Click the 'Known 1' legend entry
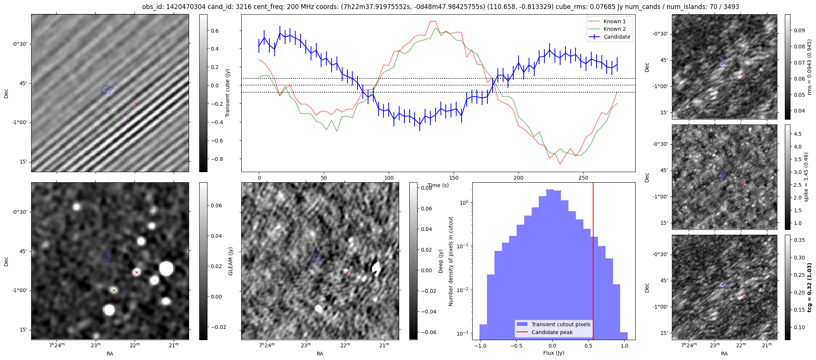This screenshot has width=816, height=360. pos(615,21)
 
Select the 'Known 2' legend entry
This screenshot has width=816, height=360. pos(615,29)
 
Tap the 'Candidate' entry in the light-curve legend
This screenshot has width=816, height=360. pos(617,37)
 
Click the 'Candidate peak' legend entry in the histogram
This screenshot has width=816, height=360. pos(552,332)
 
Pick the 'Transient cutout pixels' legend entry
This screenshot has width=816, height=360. pos(561,324)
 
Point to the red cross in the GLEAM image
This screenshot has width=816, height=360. pos(137,272)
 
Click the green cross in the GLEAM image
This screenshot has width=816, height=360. pos(114,290)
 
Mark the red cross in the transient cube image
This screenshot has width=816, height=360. pos(137,104)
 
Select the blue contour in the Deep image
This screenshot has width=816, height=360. pos(317,258)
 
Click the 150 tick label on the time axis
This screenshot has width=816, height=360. pos(454,178)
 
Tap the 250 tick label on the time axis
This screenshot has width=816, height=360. pos(583,178)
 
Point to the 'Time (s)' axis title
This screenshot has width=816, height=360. pos(438,185)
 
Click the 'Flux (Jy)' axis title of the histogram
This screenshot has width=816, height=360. pos(553,353)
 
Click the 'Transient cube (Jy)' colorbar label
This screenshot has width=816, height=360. pos(227,93)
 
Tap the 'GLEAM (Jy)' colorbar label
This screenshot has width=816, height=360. pos(230,261)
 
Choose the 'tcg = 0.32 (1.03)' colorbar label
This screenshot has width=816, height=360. pos(809,288)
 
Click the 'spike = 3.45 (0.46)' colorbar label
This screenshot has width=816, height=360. pos(806,177)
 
